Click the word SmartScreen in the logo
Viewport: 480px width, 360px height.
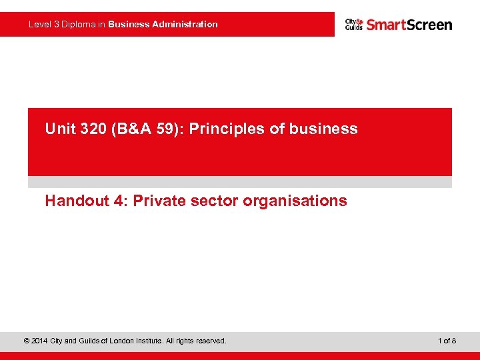409,25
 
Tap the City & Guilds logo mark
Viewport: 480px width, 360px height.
353,25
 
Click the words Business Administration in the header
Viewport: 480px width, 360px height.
163,24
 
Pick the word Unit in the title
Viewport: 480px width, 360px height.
58,129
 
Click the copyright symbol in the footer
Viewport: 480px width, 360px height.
26,341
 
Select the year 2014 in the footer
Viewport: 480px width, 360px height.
40,341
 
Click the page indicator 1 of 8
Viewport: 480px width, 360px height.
447,341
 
